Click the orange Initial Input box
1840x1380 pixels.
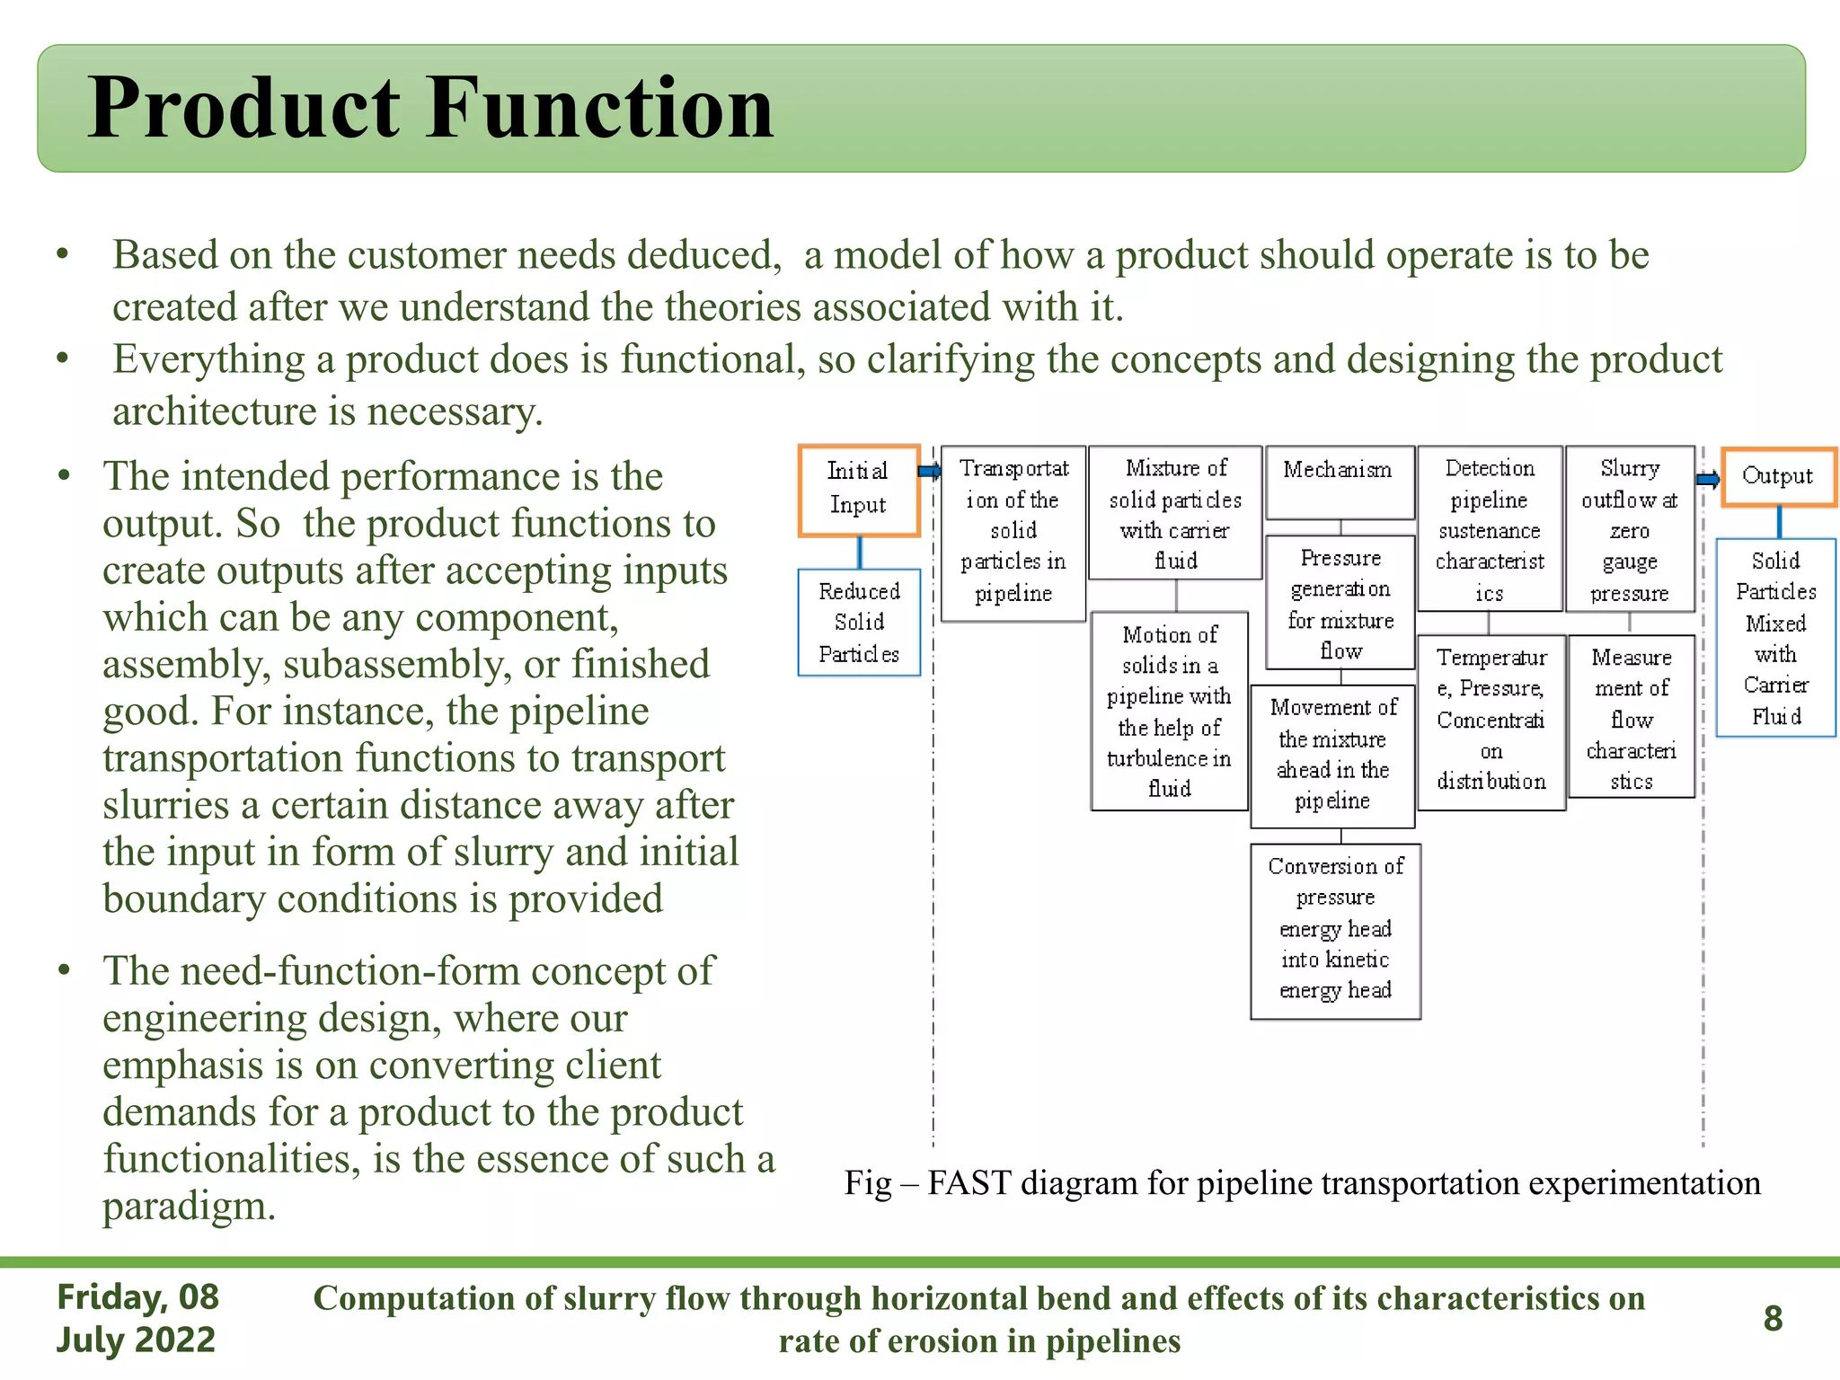(858, 490)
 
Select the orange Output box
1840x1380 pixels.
(1778, 477)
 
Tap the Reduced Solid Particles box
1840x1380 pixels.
(859, 622)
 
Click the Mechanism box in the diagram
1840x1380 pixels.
(1339, 482)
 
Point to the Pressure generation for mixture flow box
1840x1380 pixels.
(1340, 603)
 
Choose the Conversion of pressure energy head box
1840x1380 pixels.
(1335, 930)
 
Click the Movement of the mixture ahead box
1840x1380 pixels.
(1332, 755)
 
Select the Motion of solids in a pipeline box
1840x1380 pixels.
(1169, 711)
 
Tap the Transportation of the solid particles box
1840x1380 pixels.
(1013, 532)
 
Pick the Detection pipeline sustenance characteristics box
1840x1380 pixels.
(1489, 529)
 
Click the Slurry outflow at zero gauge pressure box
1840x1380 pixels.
(1629, 529)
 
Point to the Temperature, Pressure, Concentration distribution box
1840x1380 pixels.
(1491, 721)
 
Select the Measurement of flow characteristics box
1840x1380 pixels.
(1631, 717)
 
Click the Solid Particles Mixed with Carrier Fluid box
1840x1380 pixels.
(1775, 638)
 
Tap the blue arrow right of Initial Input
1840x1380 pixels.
(929, 471)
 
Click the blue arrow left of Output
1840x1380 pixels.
(1708, 479)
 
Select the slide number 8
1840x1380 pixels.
(1773, 1318)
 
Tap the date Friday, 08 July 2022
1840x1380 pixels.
(137, 1318)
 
